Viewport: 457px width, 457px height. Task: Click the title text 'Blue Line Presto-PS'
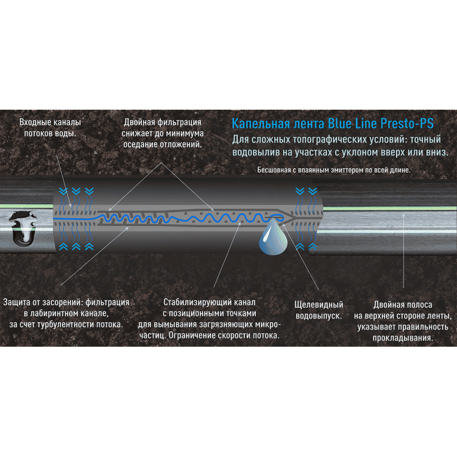381,123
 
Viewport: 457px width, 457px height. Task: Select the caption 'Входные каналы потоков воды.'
50,128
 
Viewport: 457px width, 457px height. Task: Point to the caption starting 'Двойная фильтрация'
162,133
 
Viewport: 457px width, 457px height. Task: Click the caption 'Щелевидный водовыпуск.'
319,310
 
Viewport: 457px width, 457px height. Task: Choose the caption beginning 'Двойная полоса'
403,321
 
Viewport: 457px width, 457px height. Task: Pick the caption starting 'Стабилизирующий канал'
209,319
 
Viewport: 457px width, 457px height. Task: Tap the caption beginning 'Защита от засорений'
66,313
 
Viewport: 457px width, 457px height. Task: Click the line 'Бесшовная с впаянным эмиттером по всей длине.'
334,170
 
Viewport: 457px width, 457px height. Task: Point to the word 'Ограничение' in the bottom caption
193,336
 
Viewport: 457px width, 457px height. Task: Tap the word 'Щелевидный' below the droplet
319,305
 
